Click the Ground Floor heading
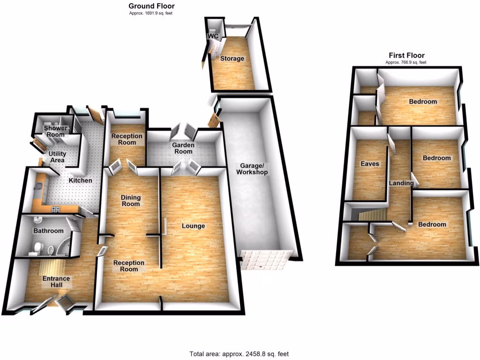click(151, 6)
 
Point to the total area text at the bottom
click(242, 354)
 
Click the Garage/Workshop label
click(254, 169)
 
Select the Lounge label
click(193, 226)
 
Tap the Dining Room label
click(131, 201)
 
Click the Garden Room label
click(183, 148)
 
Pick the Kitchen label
click(81, 180)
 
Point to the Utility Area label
click(54, 157)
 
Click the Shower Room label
click(54, 131)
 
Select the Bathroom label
click(48, 231)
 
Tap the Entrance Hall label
click(56, 282)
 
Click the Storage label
click(232, 59)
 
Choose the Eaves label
click(369, 164)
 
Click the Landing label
click(399, 183)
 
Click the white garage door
click(265, 259)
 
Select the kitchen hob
click(56, 209)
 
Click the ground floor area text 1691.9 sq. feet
click(151, 13)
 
